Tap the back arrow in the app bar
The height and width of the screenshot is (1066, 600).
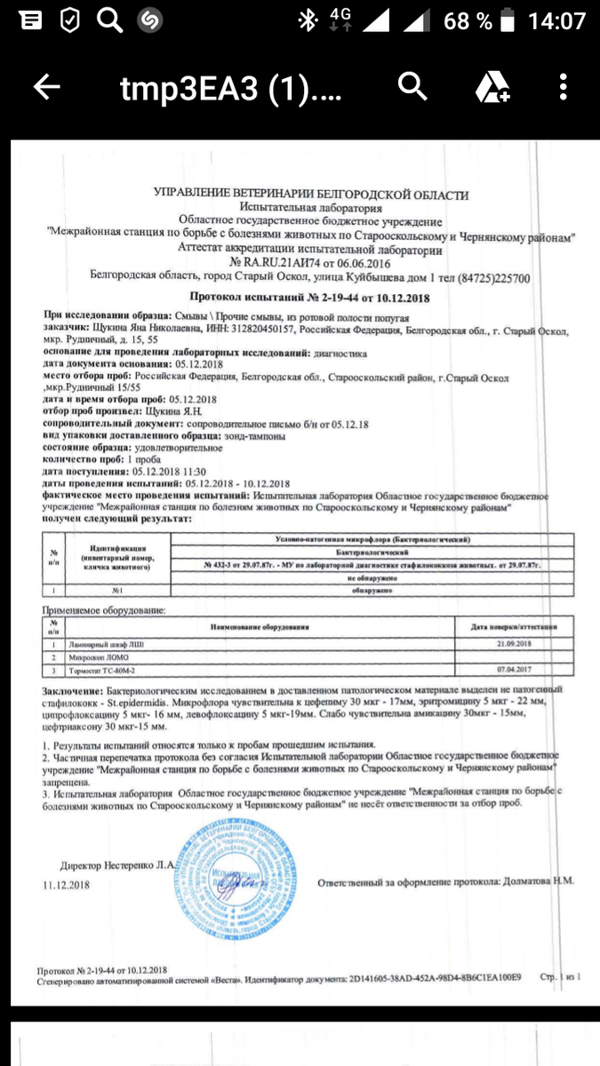[x=47, y=87]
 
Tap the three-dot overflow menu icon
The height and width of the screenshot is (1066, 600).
[x=564, y=87]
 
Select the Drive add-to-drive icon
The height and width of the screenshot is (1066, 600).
[x=491, y=87]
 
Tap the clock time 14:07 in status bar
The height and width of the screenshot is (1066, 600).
[x=557, y=20]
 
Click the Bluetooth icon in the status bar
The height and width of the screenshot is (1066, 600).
[x=308, y=20]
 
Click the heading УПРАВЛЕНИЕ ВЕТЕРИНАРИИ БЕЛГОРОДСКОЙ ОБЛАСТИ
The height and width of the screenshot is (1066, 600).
[x=311, y=195]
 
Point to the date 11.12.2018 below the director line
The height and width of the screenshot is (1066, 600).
[x=66, y=886]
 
